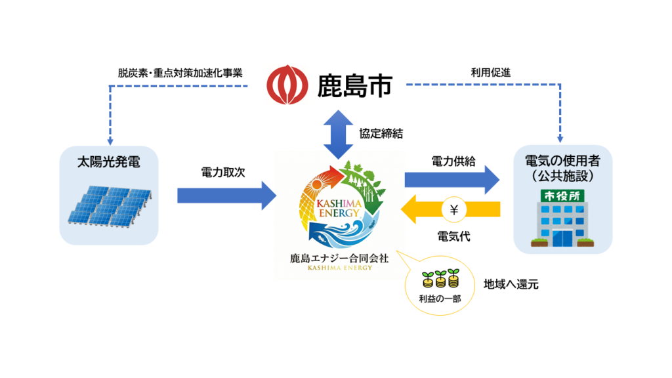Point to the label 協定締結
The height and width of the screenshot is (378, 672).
click(x=381, y=133)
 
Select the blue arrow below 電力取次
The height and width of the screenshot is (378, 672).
click(x=227, y=195)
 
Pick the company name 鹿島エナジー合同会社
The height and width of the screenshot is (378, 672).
click(x=340, y=259)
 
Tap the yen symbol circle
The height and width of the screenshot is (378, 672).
click(x=454, y=211)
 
